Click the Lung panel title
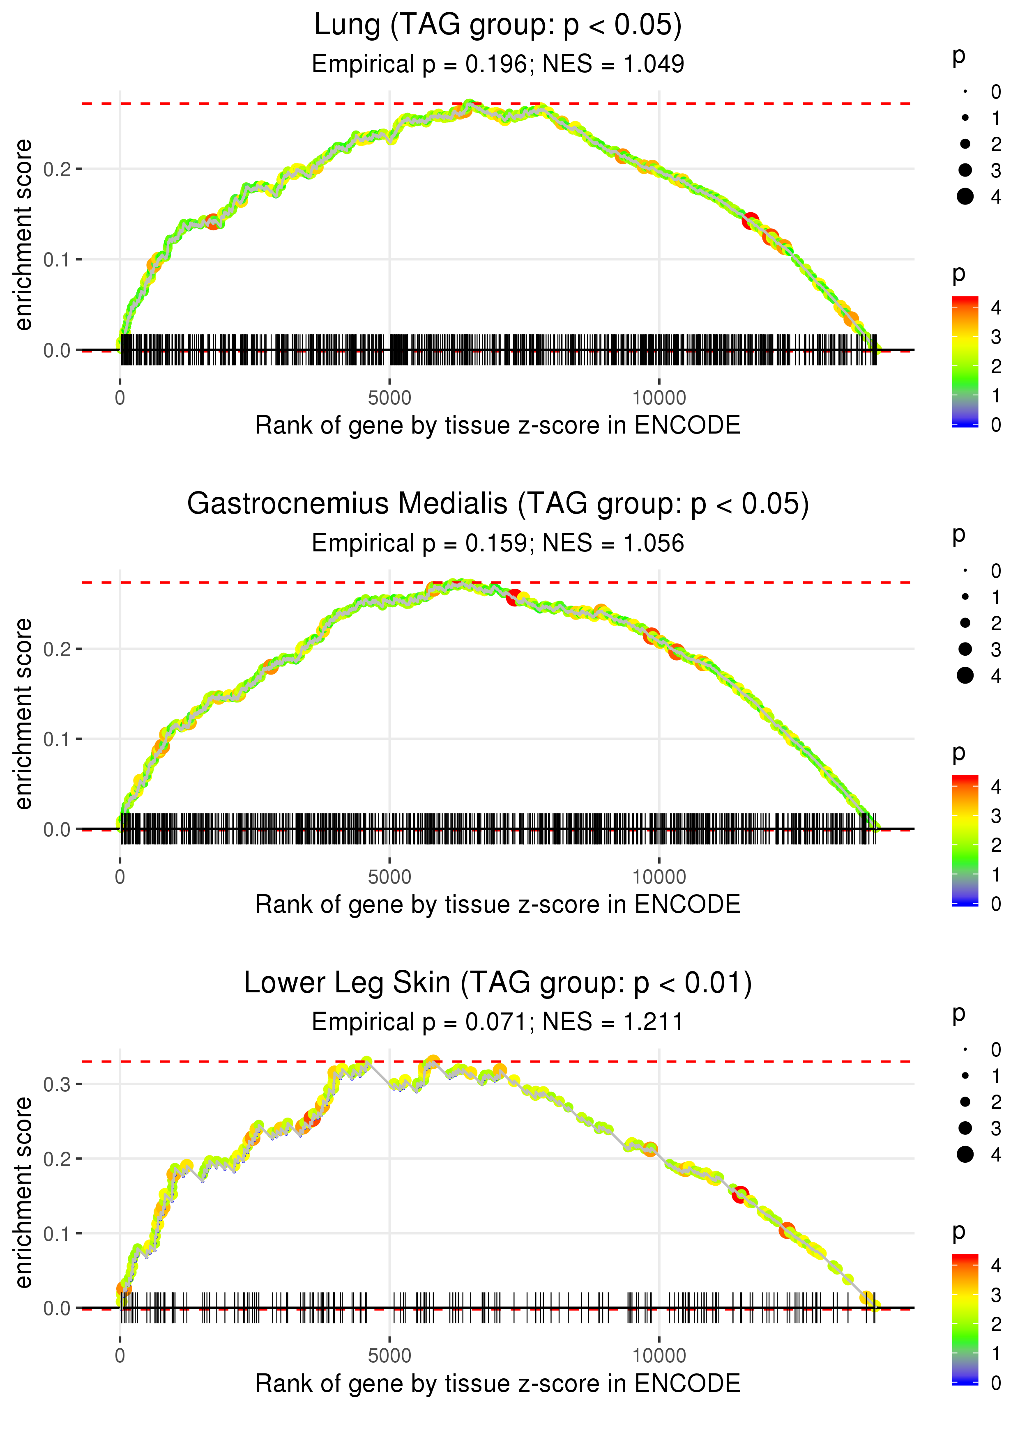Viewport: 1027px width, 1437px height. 498,25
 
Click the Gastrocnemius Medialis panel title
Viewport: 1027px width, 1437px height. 498,504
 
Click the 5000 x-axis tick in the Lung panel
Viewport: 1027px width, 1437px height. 389,398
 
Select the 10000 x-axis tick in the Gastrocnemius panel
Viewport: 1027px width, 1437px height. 659,877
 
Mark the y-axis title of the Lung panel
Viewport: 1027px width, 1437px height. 23,235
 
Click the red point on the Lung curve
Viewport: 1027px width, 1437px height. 751,220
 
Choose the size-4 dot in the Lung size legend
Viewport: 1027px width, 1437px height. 965,197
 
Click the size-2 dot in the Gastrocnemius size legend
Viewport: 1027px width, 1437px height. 965,623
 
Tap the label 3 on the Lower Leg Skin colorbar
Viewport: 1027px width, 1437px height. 996,1295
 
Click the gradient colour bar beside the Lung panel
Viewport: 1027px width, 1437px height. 965,361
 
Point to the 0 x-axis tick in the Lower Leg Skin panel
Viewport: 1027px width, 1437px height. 120,1355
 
